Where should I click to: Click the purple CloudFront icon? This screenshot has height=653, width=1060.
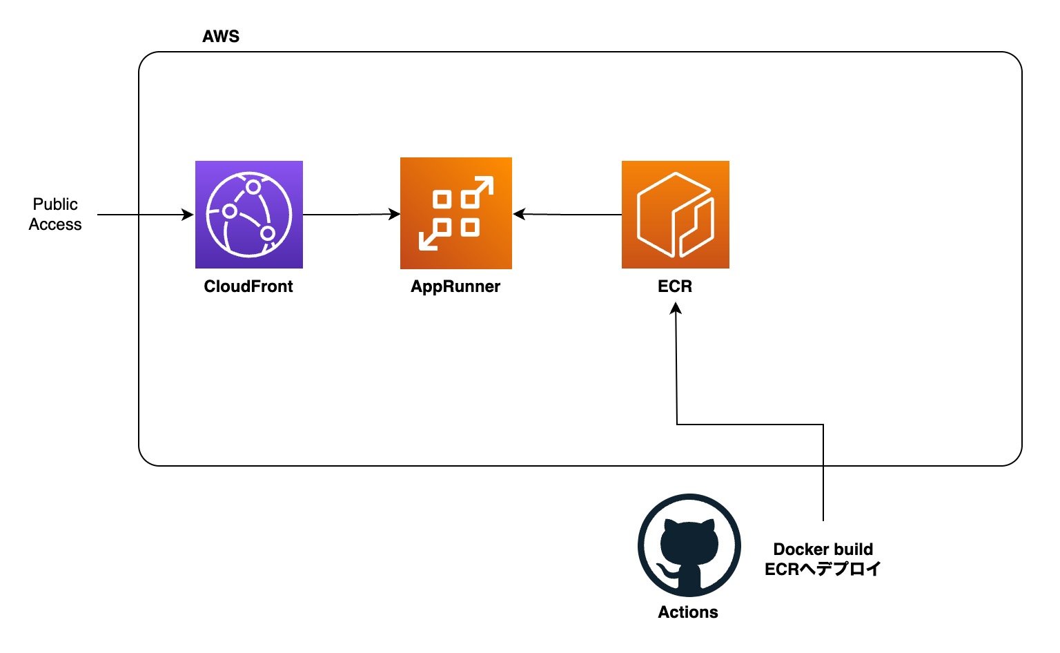[249, 215]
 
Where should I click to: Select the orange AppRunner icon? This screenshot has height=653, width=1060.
[456, 213]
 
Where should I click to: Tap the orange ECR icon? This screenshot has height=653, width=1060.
[676, 215]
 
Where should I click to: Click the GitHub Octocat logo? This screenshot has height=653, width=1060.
[689, 545]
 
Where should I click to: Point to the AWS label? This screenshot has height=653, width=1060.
[221, 37]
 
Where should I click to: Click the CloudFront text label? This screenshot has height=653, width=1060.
[248, 286]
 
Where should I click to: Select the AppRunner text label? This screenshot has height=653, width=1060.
[455, 286]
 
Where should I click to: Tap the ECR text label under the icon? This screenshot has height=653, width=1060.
[675, 286]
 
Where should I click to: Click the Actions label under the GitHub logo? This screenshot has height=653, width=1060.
[688, 612]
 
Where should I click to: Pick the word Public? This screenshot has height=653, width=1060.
[55, 204]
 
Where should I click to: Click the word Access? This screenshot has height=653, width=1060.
[55, 224]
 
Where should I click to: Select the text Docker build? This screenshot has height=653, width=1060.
[823, 549]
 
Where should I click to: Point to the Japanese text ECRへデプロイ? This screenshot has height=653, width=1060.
[823, 569]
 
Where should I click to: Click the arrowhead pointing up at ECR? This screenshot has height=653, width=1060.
[676, 309]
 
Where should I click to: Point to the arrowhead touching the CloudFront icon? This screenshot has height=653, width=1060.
[188, 215]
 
